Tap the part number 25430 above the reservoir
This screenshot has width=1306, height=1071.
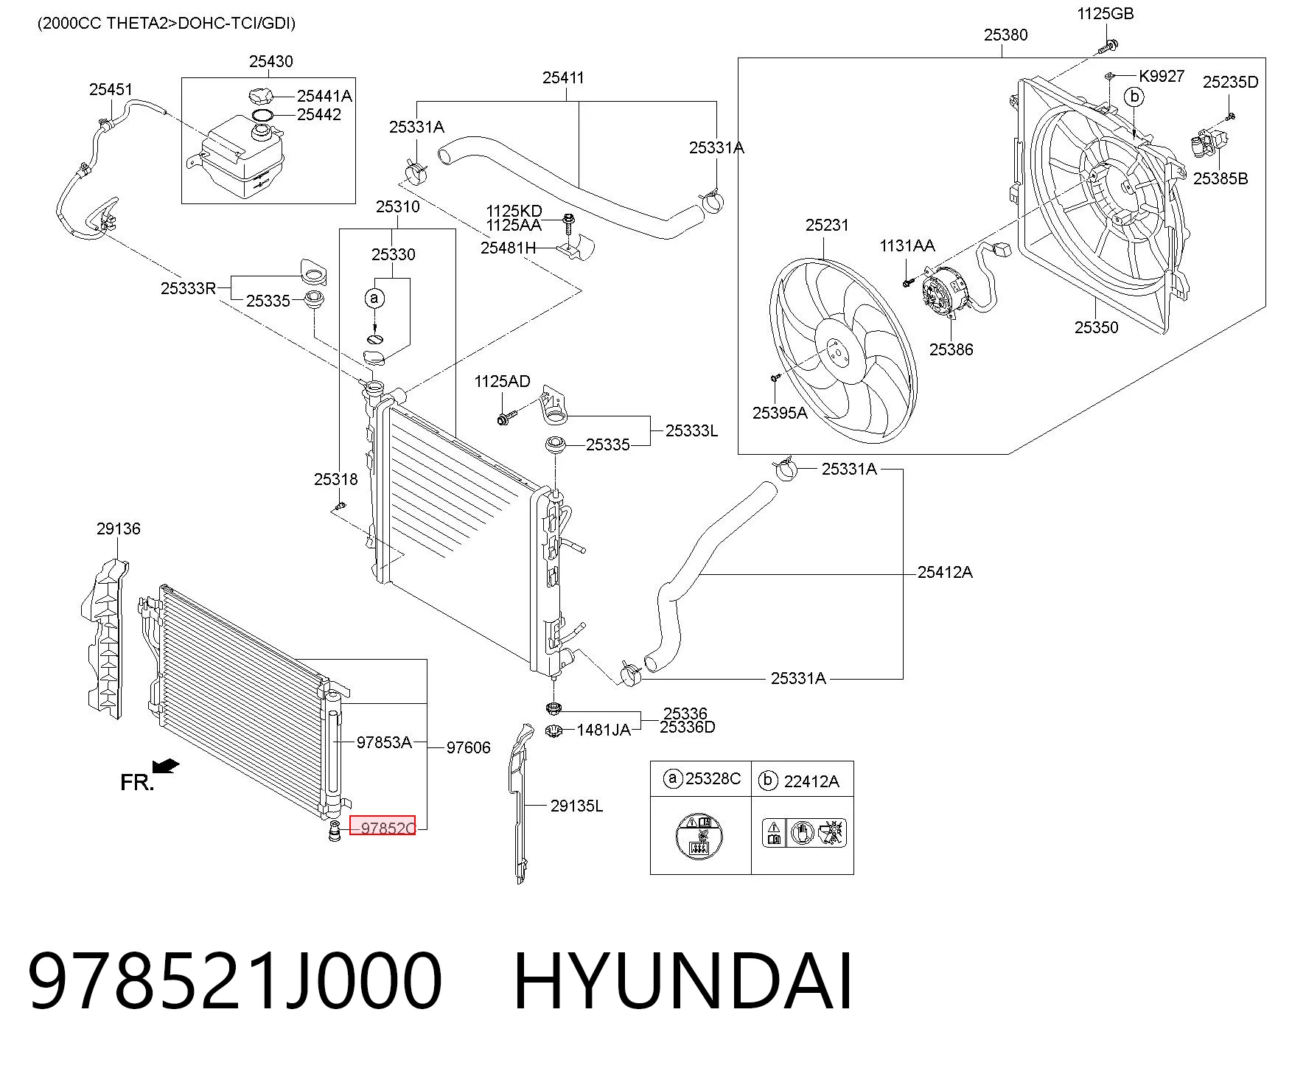point(270,61)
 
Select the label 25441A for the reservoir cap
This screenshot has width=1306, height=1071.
point(324,96)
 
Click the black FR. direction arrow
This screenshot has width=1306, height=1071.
point(167,767)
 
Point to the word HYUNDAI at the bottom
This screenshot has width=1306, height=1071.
point(682,981)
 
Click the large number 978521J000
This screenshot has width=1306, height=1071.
point(235,981)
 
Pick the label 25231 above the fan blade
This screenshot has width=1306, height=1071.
point(827,225)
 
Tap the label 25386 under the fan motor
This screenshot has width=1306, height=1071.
point(951,349)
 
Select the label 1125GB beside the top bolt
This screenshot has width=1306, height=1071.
point(1105,13)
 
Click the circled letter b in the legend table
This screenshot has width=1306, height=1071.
point(768,780)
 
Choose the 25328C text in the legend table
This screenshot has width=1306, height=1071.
point(713,779)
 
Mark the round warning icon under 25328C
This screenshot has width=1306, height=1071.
point(699,836)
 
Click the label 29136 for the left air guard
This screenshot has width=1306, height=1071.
point(118,528)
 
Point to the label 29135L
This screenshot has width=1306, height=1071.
point(576,806)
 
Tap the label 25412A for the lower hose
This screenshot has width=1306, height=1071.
point(945,572)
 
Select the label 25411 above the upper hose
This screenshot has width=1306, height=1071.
point(563,77)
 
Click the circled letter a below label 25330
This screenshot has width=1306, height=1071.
point(374,298)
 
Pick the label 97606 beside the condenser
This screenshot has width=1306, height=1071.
point(468,747)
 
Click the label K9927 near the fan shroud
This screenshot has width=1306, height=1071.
point(1162,76)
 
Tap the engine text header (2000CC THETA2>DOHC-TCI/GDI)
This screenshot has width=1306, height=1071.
point(167,23)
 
